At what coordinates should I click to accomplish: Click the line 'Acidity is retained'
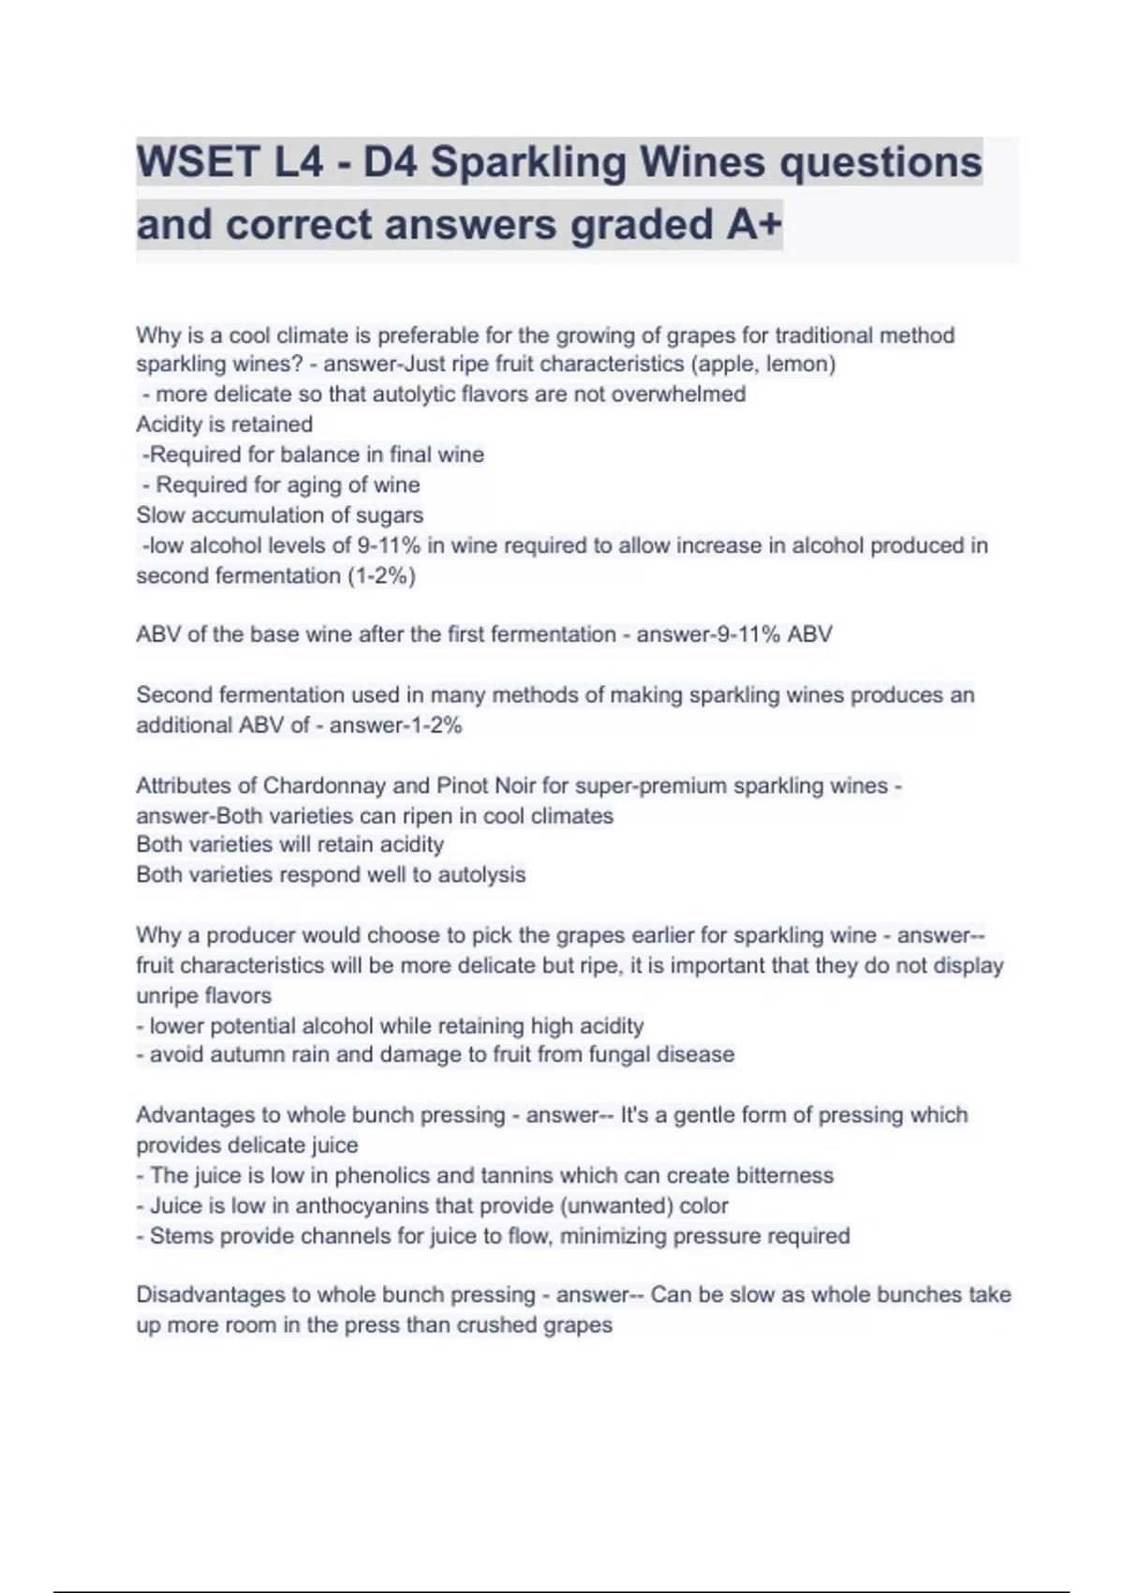pyautogui.click(x=225, y=424)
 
